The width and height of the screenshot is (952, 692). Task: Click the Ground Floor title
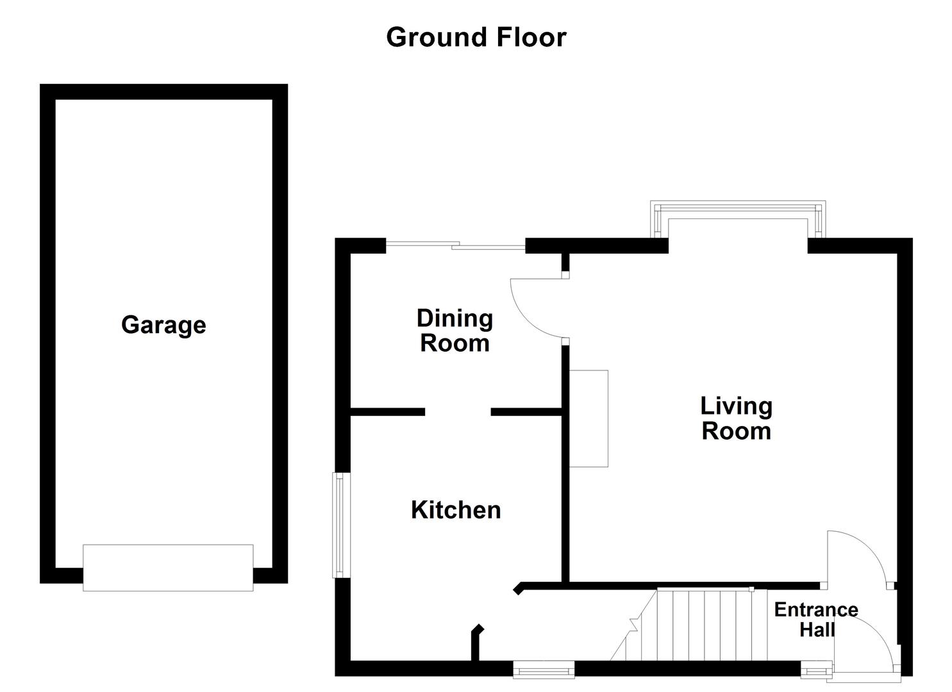(x=476, y=37)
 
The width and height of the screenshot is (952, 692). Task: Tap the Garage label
(x=163, y=325)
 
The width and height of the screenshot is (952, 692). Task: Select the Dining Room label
(x=455, y=331)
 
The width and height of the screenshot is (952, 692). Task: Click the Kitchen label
(x=456, y=510)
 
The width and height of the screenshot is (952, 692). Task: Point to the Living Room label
(x=736, y=418)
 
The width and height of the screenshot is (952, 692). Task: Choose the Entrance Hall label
(x=815, y=619)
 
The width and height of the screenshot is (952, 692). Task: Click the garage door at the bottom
(x=168, y=568)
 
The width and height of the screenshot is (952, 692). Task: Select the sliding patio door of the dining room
(x=455, y=245)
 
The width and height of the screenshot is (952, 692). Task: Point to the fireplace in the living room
(x=589, y=418)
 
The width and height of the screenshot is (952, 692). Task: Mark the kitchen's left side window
(x=342, y=525)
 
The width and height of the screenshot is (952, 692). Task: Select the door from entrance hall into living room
(x=856, y=557)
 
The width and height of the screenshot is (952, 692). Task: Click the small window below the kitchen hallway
(x=544, y=670)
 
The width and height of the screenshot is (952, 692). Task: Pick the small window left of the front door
(x=816, y=671)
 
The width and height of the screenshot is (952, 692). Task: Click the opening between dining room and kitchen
(x=458, y=412)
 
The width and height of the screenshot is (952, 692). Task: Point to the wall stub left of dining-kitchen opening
(x=388, y=412)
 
